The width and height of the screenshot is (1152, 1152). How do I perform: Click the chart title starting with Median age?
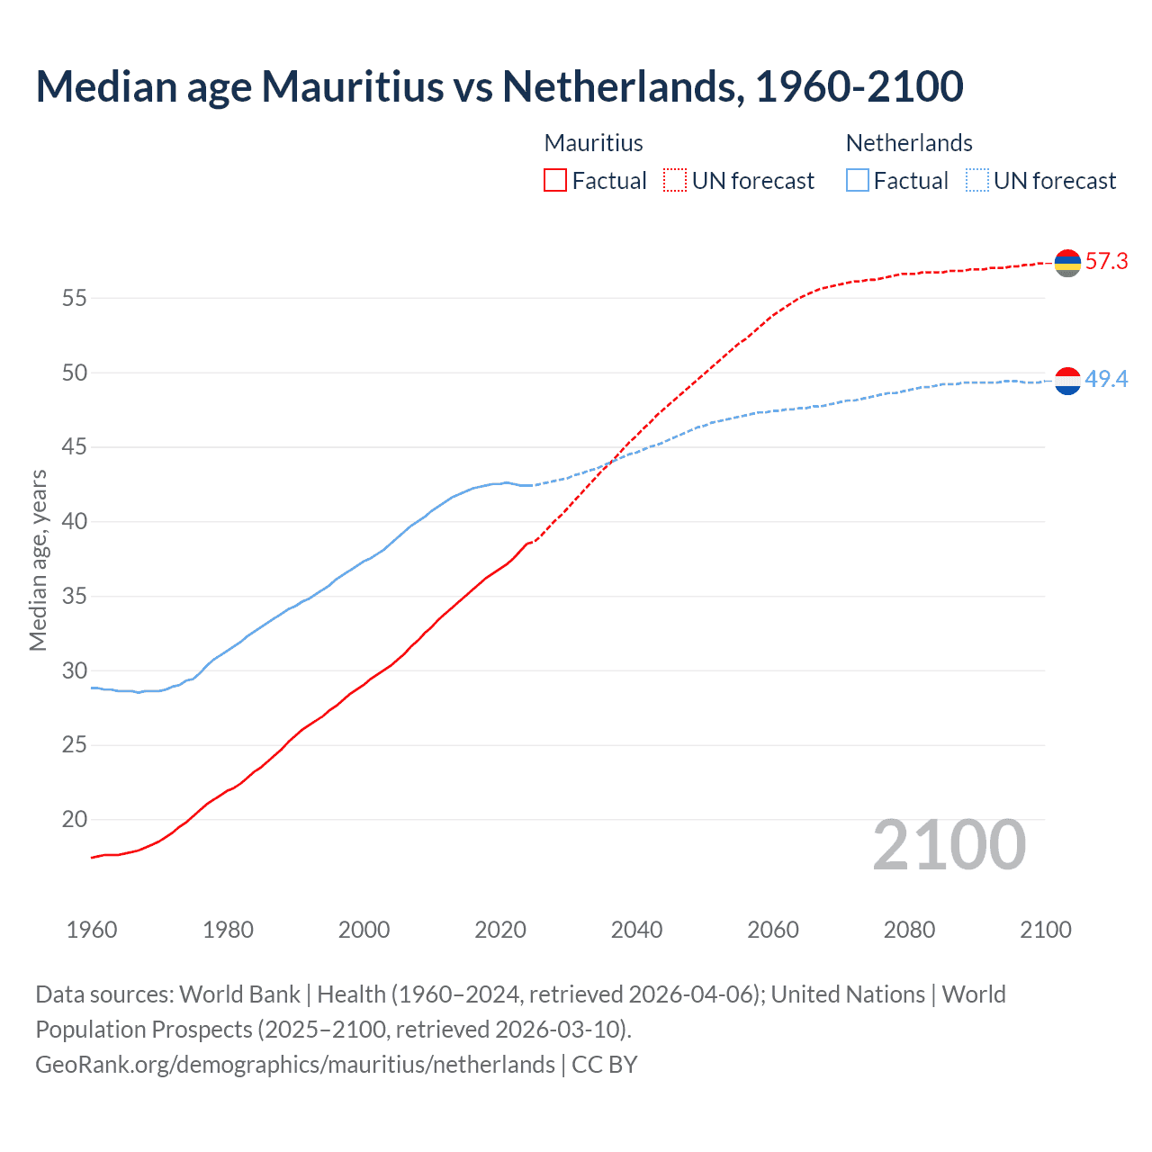pyautogui.click(x=499, y=86)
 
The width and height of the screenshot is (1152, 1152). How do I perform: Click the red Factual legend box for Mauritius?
pyautogui.click(x=555, y=180)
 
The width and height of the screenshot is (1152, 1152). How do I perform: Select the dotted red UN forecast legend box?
pyautogui.click(x=675, y=180)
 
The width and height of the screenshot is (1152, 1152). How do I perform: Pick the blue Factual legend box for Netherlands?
pyautogui.click(x=858, y=180)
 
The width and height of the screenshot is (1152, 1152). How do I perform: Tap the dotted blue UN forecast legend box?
pyautogui.click(x=977, y=180)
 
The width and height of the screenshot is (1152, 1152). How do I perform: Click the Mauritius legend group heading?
pyautogui.click(x=593, y=143)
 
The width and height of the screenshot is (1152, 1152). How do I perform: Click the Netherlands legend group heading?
pyautogui.click(x=909, y=143)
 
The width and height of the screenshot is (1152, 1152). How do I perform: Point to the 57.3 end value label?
pyautogui.click(x=1106, y=262)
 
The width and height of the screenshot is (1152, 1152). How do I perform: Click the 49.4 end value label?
pyautogui.click(x=1106, y=380)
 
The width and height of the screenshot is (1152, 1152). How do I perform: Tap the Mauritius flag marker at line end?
pyautogui.click(x=1067, y=263)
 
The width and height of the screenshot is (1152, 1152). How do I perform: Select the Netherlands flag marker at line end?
pyautogui.click(x=1067, y=381)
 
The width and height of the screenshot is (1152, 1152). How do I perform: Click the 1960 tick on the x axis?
pyautogui.click(x=92, y=930)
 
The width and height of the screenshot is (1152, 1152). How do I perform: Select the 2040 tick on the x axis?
pyautogui.click(x=636, y=930)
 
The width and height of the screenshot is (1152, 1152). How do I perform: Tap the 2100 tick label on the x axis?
pyautogui.click(x=1045, y=930)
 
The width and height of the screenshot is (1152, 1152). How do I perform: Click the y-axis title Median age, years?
pyautogui.click(x=38, y=560)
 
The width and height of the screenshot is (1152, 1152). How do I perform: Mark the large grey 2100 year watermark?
pyautogui.click(x=949, y=845)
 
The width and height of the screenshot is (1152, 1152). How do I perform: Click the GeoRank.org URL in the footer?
pyautogui.click(x=295, y=1065)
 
